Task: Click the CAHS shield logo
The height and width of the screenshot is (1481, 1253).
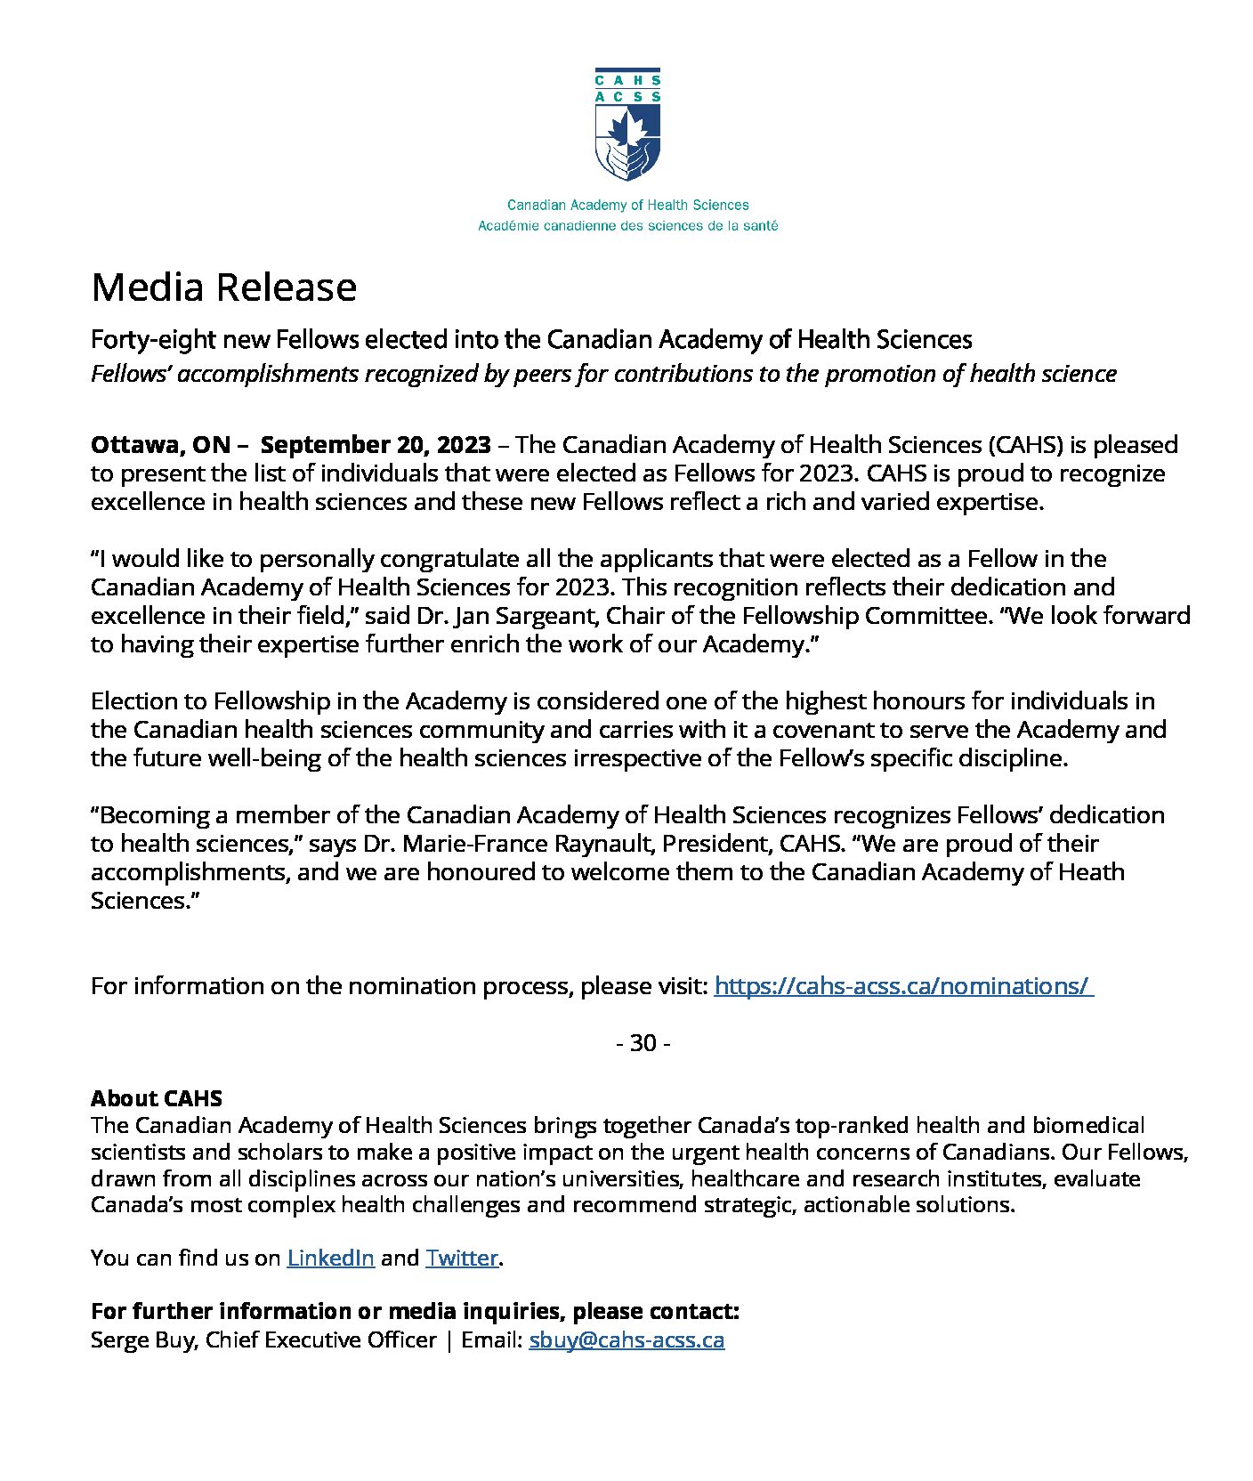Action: tap(627, 125)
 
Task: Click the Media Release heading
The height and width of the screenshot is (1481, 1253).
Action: tap(223, 287)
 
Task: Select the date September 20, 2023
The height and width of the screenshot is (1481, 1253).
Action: tap(376, 444)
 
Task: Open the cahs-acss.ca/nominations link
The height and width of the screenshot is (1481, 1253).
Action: tap(902, 986)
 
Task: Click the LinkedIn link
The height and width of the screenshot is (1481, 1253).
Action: tap(330, 1258)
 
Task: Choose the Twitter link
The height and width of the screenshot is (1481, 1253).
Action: tap(461, 1258)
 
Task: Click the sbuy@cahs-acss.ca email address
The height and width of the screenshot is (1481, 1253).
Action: tap(626, 1339)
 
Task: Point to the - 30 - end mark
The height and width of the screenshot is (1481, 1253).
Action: tap(643, 1042)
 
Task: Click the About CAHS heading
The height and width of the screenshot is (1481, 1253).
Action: tap(157, 1098)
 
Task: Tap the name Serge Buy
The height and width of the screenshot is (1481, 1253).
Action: tap(142, 1339)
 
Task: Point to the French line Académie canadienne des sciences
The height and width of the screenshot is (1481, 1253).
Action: tap(627, 226)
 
